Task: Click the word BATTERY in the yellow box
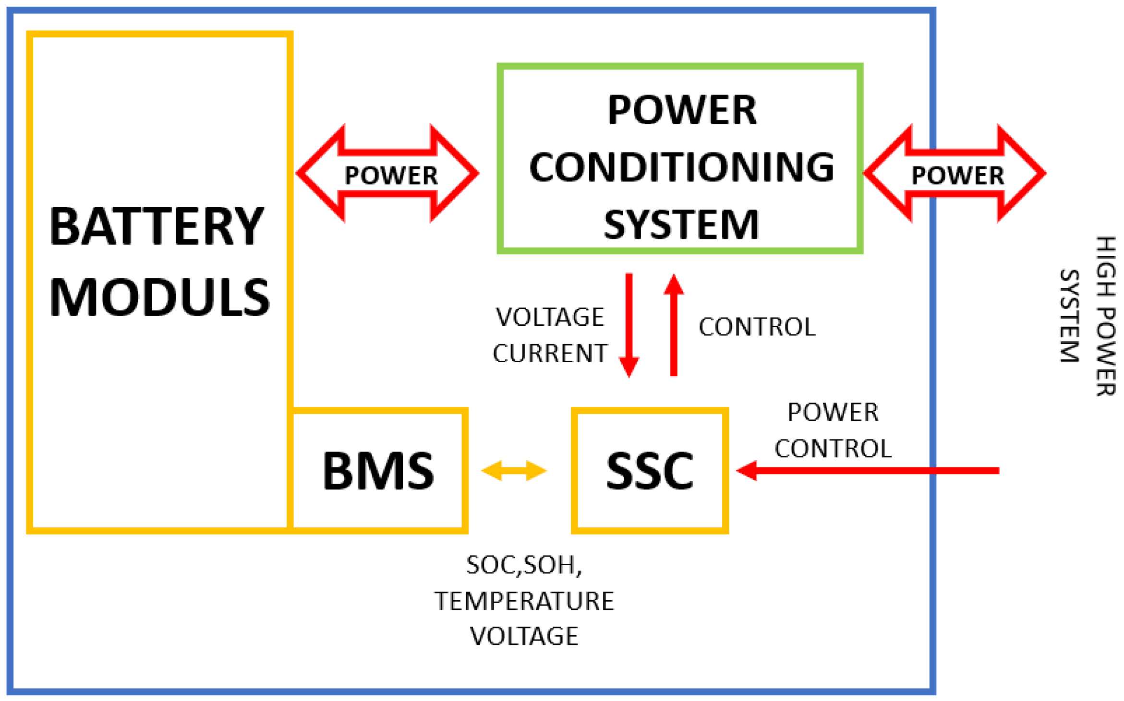click(157, 226)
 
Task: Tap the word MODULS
click(159, 297)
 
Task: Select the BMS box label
click(378, 471)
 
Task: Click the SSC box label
click(650, 471)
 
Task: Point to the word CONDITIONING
click(681, 167)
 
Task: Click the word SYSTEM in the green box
click(681, 224)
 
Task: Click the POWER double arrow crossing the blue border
click(955, 174)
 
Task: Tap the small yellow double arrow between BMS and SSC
click(514, 471)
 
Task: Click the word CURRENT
click(550, 354)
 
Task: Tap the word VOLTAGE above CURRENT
click(550, 317)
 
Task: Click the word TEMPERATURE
click(524, 601)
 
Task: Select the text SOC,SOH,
click(524, 565)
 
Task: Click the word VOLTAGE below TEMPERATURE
click(524, 636)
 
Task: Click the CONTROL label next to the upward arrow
click(757, 327)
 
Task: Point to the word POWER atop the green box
click(681, 110)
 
